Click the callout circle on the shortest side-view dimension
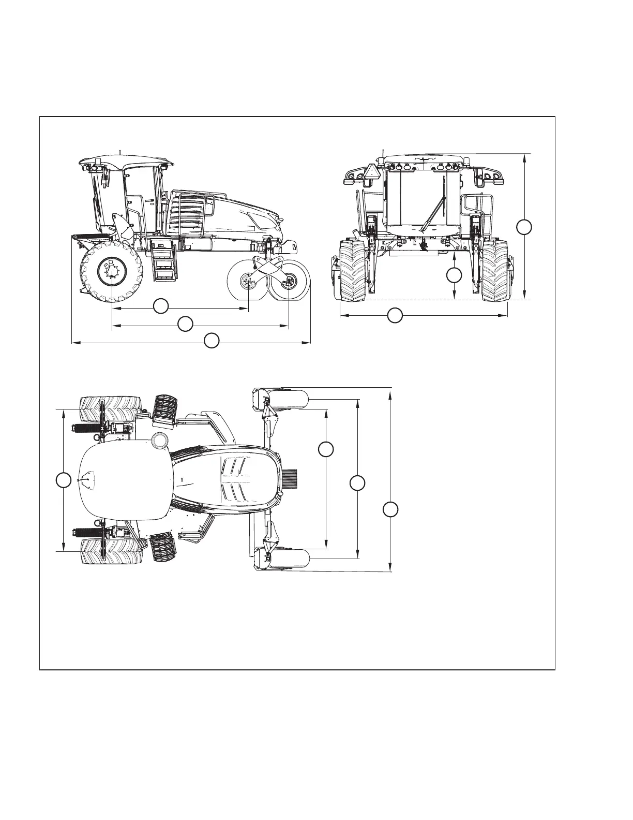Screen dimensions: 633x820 tap(161, 305)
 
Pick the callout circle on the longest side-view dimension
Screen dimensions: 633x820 tap(212, 341)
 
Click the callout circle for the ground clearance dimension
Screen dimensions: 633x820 tap(454, 275)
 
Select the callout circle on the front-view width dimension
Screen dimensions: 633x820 tap(395, 315)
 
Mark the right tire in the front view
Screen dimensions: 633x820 tap(495, 271)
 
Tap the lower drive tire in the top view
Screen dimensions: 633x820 tap(111, 552)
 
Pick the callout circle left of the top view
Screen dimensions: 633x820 tap(63, 480)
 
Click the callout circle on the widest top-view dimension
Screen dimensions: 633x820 tap(390, 509)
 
